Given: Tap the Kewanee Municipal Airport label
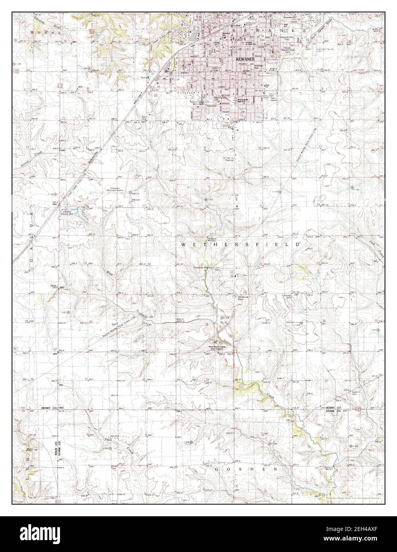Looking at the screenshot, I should [x=115, y=190].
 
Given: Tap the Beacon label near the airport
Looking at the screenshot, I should [x=137, y=200].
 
